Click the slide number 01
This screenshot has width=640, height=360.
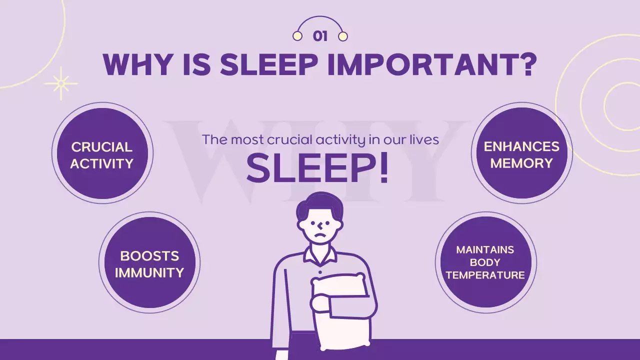[320, 36]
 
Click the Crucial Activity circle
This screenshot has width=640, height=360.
[102, 153]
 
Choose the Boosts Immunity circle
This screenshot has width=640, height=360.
[149, 262]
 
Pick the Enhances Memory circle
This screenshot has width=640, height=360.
[521, 153]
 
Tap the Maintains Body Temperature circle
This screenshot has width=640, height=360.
[485, 262]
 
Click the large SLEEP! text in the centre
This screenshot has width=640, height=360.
[317, 168]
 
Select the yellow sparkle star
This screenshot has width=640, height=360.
[61, 83]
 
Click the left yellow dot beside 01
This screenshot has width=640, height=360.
[297, 36]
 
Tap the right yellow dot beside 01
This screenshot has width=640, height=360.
[342, 36]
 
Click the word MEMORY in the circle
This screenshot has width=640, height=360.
[521, 163]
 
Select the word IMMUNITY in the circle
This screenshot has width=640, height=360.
[149, 272]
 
